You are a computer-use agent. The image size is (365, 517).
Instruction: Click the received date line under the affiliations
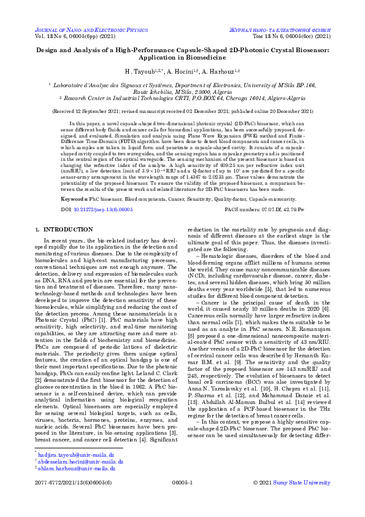182,111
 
